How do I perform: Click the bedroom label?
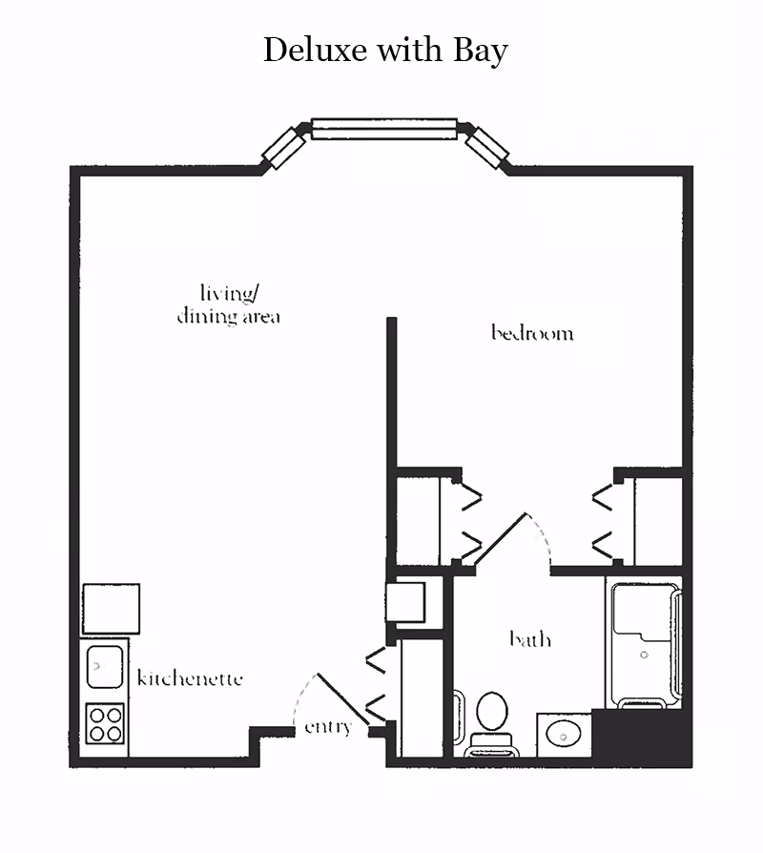[532, 333]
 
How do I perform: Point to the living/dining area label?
[229, 304]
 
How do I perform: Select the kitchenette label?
[190, 678]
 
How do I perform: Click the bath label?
[529, 638]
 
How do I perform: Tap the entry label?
[328, 727]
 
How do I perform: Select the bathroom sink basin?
[564, 734]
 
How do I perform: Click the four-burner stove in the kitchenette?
[106, 722]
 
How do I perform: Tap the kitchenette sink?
[105, 666]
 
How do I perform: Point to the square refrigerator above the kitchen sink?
[111, 609]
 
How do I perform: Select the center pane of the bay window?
[384, 129]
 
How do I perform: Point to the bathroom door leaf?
[500, 542]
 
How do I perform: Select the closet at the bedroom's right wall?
[657, 521]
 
